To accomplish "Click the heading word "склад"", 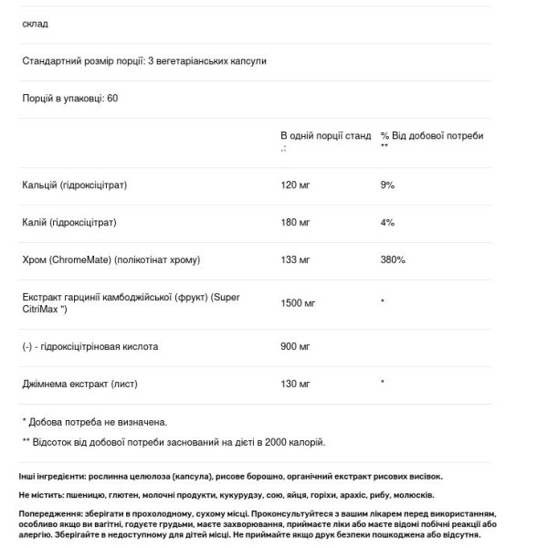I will [35, 24].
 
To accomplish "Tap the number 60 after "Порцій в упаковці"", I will [112, 98].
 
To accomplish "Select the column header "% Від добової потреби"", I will [431, 136].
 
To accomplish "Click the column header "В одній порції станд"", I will [325, 136].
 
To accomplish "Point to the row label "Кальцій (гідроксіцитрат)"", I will [74, 185].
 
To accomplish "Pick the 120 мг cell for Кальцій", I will [295, 185].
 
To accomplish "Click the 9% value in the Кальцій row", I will [387, 185].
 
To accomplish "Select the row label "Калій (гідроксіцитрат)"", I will [69, 222].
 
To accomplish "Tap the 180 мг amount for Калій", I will [295, 222].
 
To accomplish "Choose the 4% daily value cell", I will [387, 222].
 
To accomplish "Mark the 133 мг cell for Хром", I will [295, 260].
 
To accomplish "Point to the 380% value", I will [393, 260].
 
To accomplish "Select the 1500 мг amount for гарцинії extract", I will [298, 303].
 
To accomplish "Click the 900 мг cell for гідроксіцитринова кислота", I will [295, 347].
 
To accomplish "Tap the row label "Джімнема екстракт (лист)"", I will [78, 384].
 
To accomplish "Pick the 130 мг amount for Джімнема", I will [295, 384].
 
